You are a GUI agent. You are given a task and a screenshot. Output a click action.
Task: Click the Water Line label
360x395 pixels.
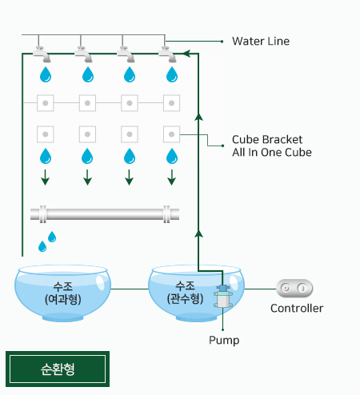point(261,42)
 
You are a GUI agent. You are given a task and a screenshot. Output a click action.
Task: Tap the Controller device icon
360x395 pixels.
point(294,288)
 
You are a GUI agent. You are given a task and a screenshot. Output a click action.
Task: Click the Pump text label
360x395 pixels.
point(224,341)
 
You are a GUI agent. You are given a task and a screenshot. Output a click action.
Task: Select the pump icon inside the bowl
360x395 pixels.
point(223,296)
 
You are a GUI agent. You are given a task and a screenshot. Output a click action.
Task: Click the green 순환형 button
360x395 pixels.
point(58,369)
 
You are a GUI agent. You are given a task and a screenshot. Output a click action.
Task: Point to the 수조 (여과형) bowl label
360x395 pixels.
point(63,293)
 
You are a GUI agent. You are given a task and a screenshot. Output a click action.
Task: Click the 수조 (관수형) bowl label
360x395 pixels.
point(185,293)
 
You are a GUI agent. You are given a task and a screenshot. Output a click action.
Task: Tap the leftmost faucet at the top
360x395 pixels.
point(42,54)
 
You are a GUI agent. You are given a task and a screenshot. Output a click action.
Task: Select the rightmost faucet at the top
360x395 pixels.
point(167,54)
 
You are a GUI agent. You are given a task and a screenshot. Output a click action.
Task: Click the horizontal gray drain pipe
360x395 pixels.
point(105,214)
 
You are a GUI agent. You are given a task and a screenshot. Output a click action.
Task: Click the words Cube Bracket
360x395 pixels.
point(267,139)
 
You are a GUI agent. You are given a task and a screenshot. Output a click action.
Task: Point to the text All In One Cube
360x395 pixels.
point(272,153)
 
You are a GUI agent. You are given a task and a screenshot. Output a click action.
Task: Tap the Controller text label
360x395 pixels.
point(297,309)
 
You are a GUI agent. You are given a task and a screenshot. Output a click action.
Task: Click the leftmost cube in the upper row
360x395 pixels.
point(46,103)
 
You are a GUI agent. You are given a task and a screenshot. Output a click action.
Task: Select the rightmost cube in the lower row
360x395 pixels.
point(171,134)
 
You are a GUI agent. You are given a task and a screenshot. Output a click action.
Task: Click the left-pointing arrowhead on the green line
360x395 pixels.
point(186,54)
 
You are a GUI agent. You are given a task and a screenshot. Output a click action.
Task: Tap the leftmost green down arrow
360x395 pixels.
point(46,178)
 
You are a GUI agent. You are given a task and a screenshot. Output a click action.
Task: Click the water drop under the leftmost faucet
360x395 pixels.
point(46,74)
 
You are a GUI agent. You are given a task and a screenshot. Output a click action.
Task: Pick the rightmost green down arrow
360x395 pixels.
point(171,178)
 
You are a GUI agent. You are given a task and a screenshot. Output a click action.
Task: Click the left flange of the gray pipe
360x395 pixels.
point(42,214)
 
